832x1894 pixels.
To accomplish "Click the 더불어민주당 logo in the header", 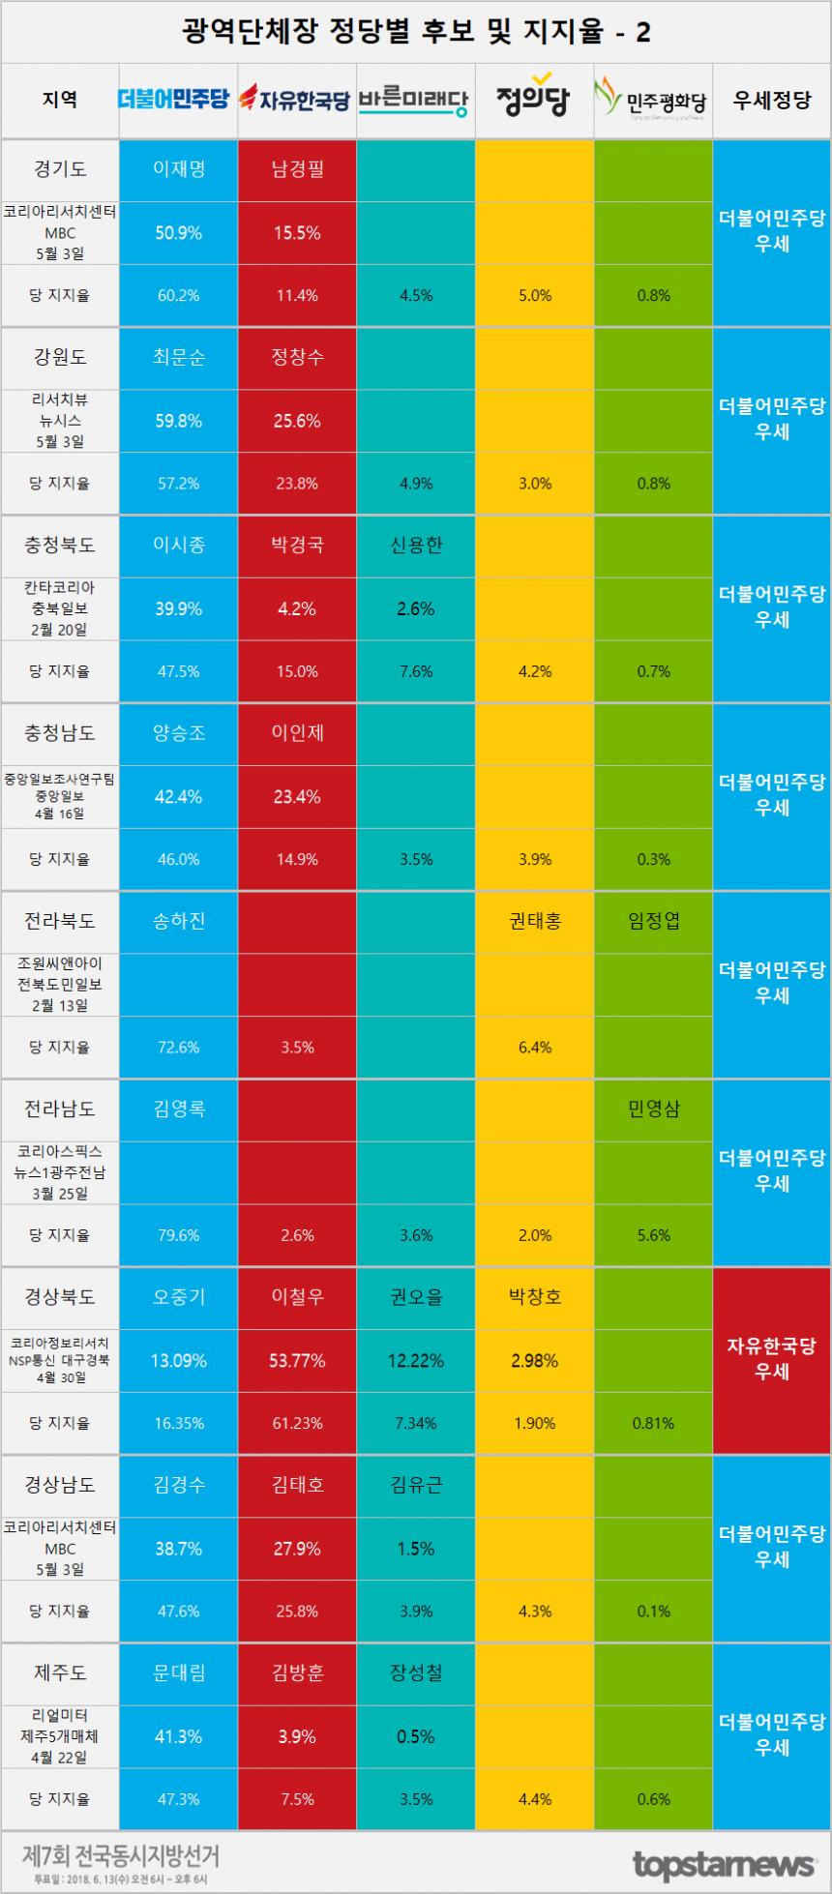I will (x=178, y=99).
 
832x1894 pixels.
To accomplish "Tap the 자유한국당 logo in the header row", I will (x=296, y=99).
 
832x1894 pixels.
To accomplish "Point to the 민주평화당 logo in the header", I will (x=653, y=99).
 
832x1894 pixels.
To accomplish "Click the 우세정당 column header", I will (x=771, y=99).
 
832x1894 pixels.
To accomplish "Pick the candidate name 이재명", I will (x=178, y=168).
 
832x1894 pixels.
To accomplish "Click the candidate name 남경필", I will (x=297, y=168).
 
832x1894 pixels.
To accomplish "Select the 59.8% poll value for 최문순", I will (x=178, y=421).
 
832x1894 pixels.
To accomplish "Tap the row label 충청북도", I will (x=60, y=545).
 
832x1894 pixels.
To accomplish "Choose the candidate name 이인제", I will (x=297, y=732).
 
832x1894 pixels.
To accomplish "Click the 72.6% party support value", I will (x=178, y=1047).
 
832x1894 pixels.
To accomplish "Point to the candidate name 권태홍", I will (x=534, y=920).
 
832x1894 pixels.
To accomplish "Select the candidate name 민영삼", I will (x=653, y=1109).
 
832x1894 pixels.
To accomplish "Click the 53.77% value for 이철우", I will (x=297, y=1360).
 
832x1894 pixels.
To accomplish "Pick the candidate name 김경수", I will (x=178, y=1484).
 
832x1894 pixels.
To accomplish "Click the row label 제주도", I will (x=60, y=1672).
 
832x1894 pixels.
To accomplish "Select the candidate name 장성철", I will (x=416, y=1672).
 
